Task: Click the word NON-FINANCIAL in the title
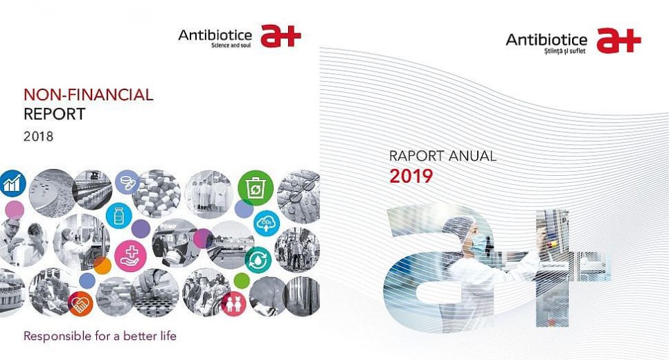coord(89,95)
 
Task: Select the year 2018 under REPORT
coord(38,136)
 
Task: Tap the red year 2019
coord(411,176)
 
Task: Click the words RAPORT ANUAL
coord(443,156)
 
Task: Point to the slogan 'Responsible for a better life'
coord(100,336)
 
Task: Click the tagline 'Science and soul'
coord(231,45)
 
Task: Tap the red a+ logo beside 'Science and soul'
coord(280,35)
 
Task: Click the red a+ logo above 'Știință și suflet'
coord(618,41)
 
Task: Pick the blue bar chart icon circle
coord(12,183)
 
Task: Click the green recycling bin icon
coord(256,188)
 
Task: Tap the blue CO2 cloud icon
coord(267,224)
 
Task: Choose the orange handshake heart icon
coord(80,304)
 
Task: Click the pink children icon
coord(233,304)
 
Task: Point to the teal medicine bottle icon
coord(118,215)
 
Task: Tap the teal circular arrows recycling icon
coord(258,260)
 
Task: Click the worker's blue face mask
coord(479,243)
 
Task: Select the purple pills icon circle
coord(127,182)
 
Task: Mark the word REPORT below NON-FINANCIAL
coord(55,114)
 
